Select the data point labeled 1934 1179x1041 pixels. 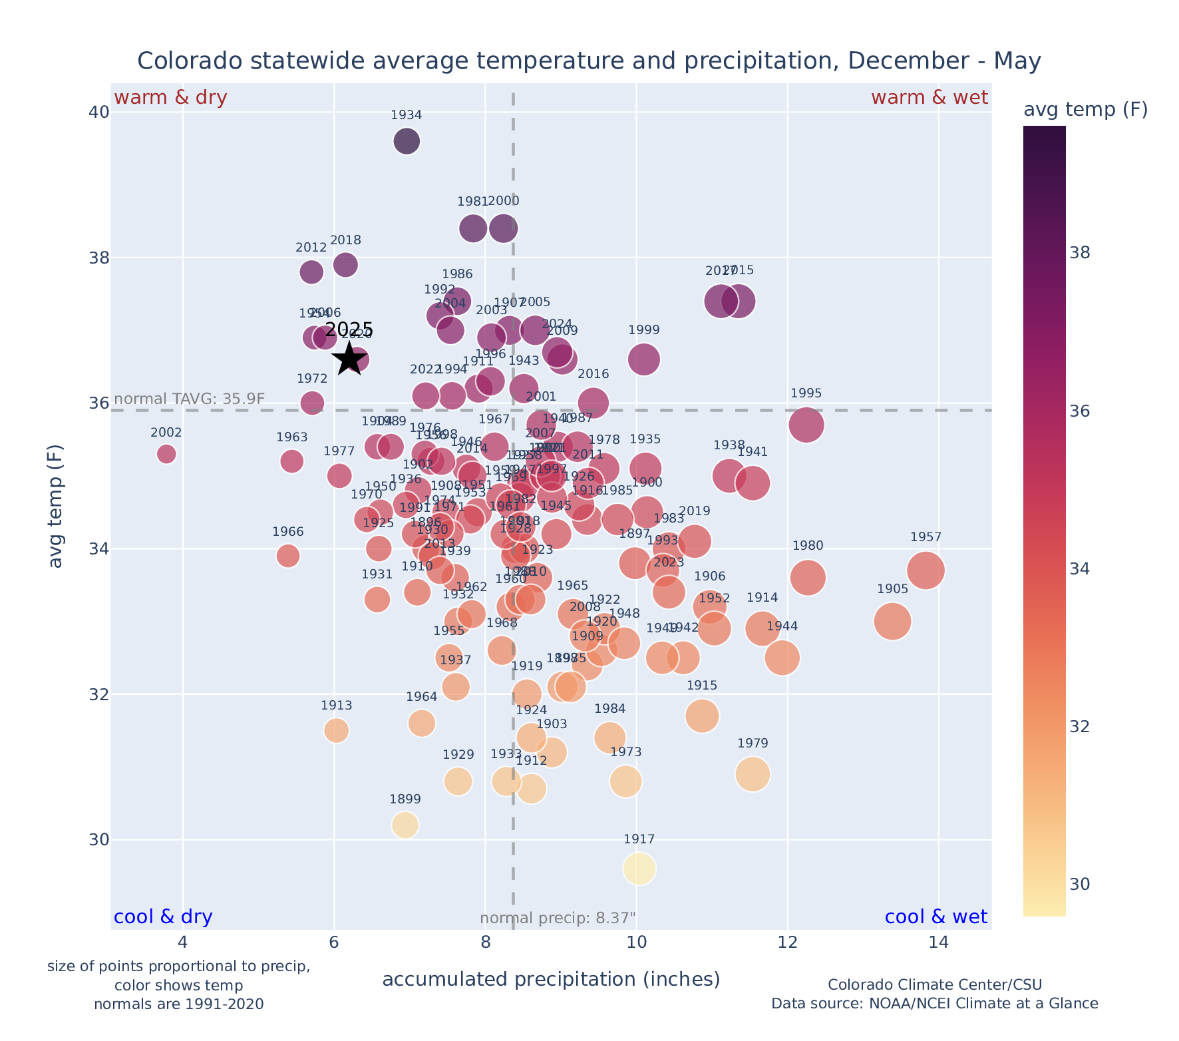(x=407, y=141)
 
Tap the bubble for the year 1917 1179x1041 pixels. (x=639, y=869)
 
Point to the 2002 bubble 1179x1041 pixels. (x=166, y=454)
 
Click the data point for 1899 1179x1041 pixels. (x=405, y=825)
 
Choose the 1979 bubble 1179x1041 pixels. (x=753, y=774)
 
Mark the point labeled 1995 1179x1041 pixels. (x=806, y=425)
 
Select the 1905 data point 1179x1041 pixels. (x=893, y=622)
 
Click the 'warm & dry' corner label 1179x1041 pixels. (x=170, y=98)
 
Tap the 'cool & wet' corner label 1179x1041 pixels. (x=935, y=917)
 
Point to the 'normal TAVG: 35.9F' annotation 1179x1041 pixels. (x=190, y=399)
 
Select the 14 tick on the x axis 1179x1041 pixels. (x=939, y=943)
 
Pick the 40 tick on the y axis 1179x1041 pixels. (x=98, y=112)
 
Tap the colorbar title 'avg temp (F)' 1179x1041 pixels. (x=1085, y=110)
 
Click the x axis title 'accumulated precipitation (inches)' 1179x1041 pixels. (x=551, y=980)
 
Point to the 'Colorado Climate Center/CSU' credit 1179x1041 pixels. (x=934, y=985)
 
